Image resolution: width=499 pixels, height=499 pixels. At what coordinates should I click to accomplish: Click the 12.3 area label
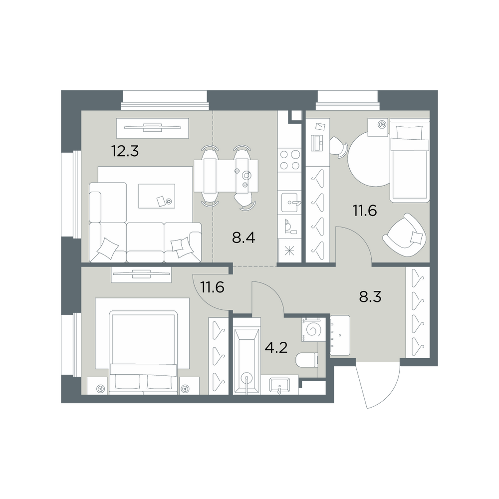point(125,151)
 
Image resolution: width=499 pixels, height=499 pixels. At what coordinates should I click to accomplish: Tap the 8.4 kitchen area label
point(244,238)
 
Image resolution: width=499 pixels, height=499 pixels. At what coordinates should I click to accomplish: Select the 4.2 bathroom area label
point(276,347)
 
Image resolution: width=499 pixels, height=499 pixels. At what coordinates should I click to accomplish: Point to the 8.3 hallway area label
point(370,297)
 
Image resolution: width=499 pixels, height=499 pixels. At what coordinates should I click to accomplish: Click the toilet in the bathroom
point(307,361)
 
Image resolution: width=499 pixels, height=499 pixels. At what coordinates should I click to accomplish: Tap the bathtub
point(247,361)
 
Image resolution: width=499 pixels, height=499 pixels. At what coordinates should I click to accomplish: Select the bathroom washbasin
point(279,385)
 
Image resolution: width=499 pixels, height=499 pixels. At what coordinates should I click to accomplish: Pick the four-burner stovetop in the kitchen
point(289,160)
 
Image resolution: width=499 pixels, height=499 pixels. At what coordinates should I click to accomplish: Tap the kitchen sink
point(289,203)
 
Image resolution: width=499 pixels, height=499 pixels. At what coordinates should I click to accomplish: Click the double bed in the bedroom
point(143,353)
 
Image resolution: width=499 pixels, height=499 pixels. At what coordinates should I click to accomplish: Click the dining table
point(226,176)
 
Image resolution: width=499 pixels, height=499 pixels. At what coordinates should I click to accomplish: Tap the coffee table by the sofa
point(157,196)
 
